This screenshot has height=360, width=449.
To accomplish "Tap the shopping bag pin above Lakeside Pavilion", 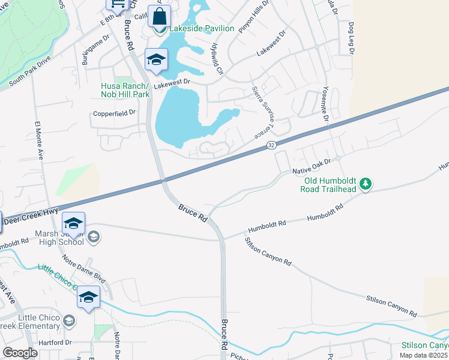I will point(159,16).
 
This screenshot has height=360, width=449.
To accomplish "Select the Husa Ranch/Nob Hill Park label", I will point(124,90).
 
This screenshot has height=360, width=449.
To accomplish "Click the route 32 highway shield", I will point(272,145).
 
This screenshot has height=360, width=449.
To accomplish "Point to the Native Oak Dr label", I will point(312,166).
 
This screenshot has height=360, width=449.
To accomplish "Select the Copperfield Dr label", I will point(114,112).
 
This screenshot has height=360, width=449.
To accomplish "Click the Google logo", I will point(20,353).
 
